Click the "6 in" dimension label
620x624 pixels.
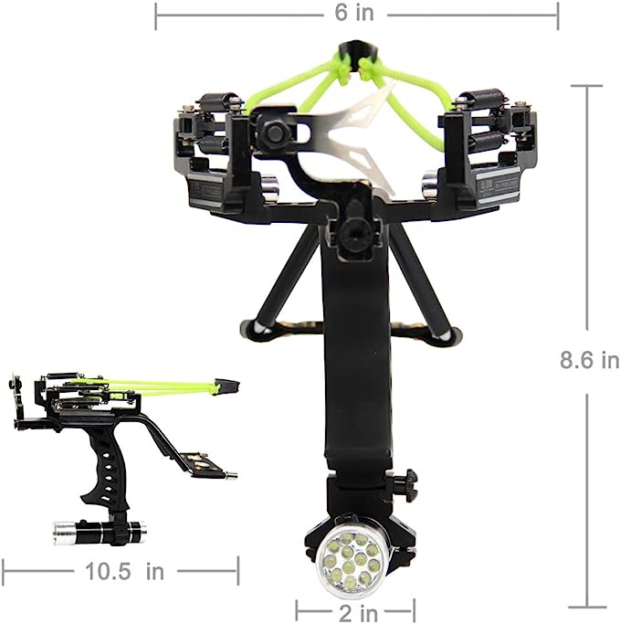pos(354,13)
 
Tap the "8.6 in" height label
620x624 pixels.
pos(589,360)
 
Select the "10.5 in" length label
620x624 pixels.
pos(124,572)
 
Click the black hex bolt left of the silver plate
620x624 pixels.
pos(275,131)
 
